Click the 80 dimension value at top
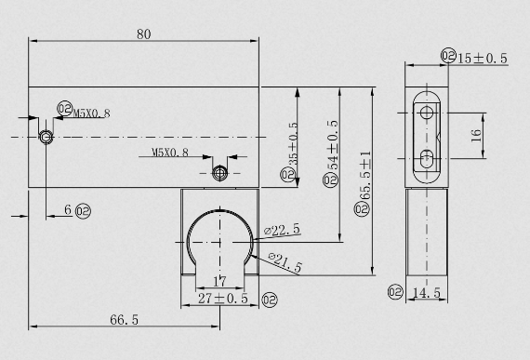pyautogui.click(x=143, y=34)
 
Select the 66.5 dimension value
pyautogui.click(x=124, y=319)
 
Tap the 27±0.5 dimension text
pyautogui.click(x=223, y=299)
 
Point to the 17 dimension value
pyautogui.click(x=219, y=281)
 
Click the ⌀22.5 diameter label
pyautogui.click(x=282, y=230)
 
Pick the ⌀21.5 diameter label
pyautogui.click(x=285, y=262)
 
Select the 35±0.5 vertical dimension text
pyautogui.click(x=294, y=143)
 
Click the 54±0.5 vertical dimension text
pyautogui.click(x=333, y=145)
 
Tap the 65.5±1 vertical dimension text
pyautogui.click(x=365, y=176)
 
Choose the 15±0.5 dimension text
pyautogui.click(x=483, y=59)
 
